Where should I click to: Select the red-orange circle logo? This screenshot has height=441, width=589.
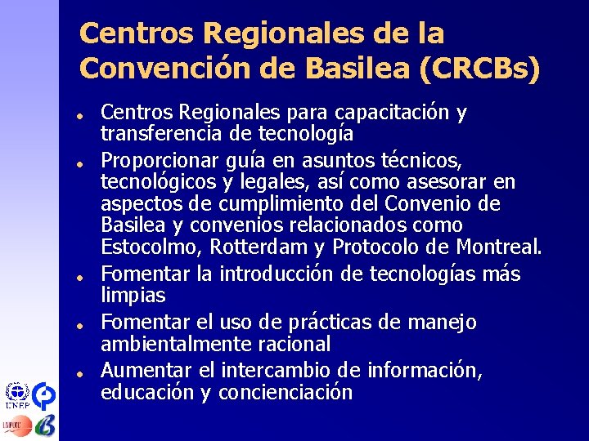(x=20, y=425)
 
